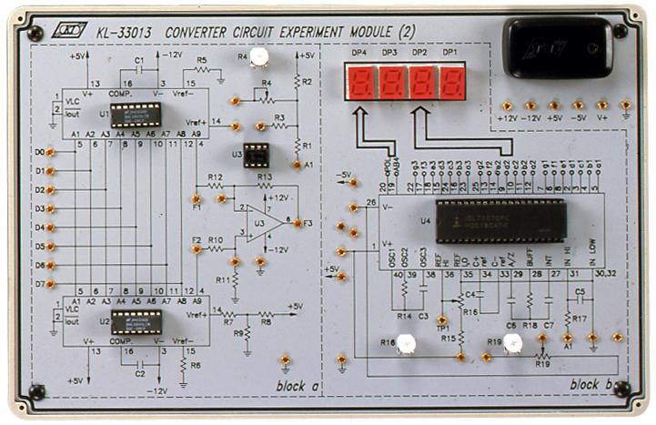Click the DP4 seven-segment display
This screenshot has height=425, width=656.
[x=360, y=86]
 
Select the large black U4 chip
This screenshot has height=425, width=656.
[x=500, y=221]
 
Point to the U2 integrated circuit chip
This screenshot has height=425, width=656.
[x=136, y=320]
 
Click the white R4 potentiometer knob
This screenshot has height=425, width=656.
[x=260, y=58]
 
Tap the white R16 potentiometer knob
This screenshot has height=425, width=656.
[x=406, y=344]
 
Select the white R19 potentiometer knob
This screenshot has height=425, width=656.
[x=513, y=343]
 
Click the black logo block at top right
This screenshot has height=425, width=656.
[x=558, y=46]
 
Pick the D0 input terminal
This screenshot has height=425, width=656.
[x=50, y=152]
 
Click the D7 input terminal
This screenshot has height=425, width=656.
[x=50, y=283]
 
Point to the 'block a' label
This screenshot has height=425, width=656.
[x=297, y=386]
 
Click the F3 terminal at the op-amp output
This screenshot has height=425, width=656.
[x=297, y=222]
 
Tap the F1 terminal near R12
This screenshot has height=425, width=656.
[x=197, y=197]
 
